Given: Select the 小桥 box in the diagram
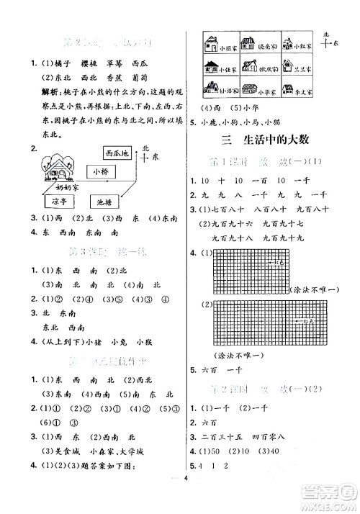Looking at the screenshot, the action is (x=96, y=171).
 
